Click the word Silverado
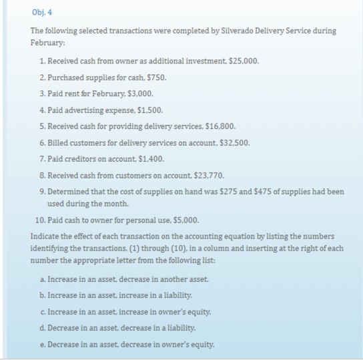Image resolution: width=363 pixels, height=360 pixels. (228, 31)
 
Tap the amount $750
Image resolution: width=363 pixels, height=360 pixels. (156, 77)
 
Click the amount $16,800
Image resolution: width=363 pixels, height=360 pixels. (221, 126)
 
